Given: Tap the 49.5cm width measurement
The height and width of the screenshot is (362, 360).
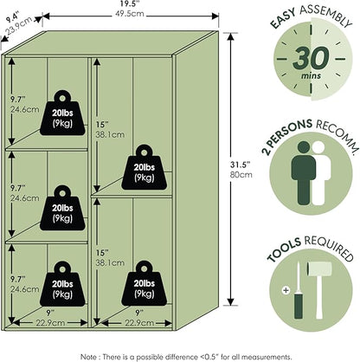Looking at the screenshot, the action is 130,14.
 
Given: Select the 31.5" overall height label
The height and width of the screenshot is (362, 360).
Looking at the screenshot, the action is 240,165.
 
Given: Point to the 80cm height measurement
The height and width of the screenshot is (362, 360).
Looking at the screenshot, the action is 241,175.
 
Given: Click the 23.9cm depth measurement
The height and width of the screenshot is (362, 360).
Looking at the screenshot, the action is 19,27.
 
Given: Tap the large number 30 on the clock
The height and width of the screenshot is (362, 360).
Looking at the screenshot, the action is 311,59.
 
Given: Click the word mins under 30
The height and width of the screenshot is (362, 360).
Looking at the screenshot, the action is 311,76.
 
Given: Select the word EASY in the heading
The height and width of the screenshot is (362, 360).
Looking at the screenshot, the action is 283,19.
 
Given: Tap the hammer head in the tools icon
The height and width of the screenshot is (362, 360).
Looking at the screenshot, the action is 318,270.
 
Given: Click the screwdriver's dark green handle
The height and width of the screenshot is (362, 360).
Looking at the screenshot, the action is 299,305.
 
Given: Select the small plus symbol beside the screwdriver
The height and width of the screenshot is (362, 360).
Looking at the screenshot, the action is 286,290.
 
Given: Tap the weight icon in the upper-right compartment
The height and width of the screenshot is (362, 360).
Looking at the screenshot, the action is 144,167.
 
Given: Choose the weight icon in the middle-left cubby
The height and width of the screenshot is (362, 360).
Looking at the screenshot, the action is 62,208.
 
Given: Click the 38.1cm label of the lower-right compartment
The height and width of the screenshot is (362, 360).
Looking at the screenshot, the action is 110,262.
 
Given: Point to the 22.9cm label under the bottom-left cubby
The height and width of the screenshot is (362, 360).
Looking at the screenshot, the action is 50,322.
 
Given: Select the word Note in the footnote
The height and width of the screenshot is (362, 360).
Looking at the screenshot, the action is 89,357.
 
